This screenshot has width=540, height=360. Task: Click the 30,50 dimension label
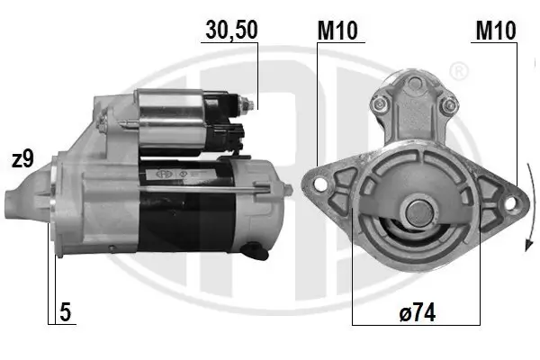[x=232, y=30]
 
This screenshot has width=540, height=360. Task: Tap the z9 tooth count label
[x=22, y=159]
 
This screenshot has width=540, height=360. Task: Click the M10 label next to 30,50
[x=338, y=30]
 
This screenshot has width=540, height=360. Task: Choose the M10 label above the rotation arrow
[x=495, y=30]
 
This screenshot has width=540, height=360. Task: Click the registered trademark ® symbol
[x=458, y=71]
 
